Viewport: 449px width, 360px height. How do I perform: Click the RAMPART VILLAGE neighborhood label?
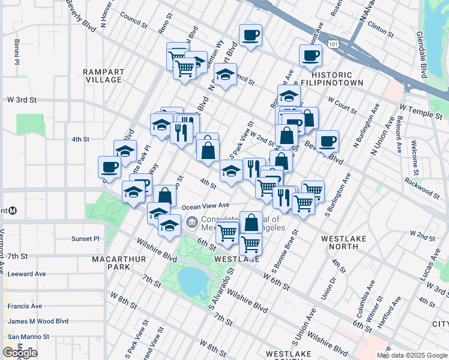103,76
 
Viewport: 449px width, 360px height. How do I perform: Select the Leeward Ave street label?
26,274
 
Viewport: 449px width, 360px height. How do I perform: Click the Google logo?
20,352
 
